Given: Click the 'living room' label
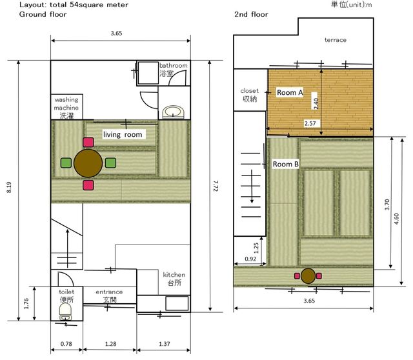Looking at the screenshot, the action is (x=123, y=135).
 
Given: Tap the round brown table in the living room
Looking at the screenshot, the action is (x=88, y=163).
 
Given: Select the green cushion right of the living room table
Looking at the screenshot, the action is (x=110, y=163).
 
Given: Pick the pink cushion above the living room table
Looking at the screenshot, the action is (x=88, y=142).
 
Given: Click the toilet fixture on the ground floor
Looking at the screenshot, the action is (x=65, y=312).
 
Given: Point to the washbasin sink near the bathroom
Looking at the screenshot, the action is (x=173, y=112).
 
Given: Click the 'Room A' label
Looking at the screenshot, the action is (x=290, y=92).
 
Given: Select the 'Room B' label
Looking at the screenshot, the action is (x=285, y=164).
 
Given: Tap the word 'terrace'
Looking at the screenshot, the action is (x=336, y=40).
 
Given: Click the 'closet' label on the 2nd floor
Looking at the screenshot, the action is (x=250, y=91).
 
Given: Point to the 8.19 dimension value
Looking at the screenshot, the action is (x=9, y=187).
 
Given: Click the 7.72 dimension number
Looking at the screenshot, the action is (x=216, y=186).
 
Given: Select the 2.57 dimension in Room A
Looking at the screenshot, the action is (x=310, y=123).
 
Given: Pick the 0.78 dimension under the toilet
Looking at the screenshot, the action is (x=66, y=344).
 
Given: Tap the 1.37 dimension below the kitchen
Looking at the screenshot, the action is (x=165, y=344).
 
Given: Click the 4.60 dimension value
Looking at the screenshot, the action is (x=397, y=219).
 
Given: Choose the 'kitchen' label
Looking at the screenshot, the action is (x=174, y=275).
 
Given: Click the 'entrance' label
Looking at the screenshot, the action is (x=109, y=292).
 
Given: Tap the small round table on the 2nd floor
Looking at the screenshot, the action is (x=308, y=275).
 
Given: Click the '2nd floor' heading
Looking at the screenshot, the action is (x=251, y=14).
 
